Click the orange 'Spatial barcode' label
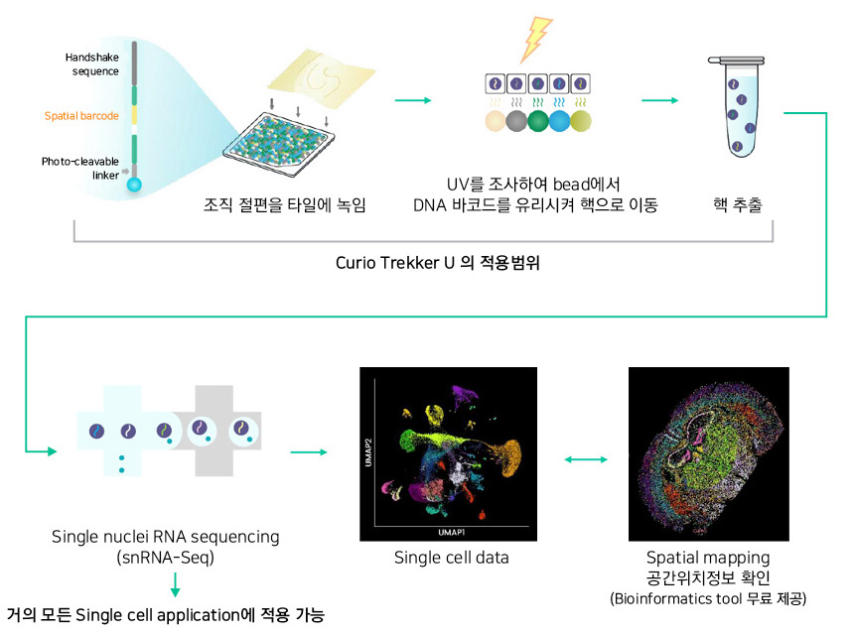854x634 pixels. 81,116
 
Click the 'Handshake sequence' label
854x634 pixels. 92,64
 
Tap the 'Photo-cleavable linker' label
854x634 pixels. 80,168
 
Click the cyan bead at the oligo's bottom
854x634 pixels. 134,185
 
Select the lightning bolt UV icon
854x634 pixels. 536,39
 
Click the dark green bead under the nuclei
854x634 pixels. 538,121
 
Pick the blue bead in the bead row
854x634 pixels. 559,121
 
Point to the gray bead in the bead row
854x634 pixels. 516,121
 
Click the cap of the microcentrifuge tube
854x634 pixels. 736,61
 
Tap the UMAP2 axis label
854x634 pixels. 368,452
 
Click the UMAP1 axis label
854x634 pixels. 452,532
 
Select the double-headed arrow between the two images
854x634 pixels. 586,459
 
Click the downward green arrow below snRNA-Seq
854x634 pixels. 175,584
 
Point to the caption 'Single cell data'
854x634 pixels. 452,558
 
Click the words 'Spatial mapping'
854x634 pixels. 708,558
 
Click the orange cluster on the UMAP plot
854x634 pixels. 509,457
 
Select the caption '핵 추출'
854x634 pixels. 738,204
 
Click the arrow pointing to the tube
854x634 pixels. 660,100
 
